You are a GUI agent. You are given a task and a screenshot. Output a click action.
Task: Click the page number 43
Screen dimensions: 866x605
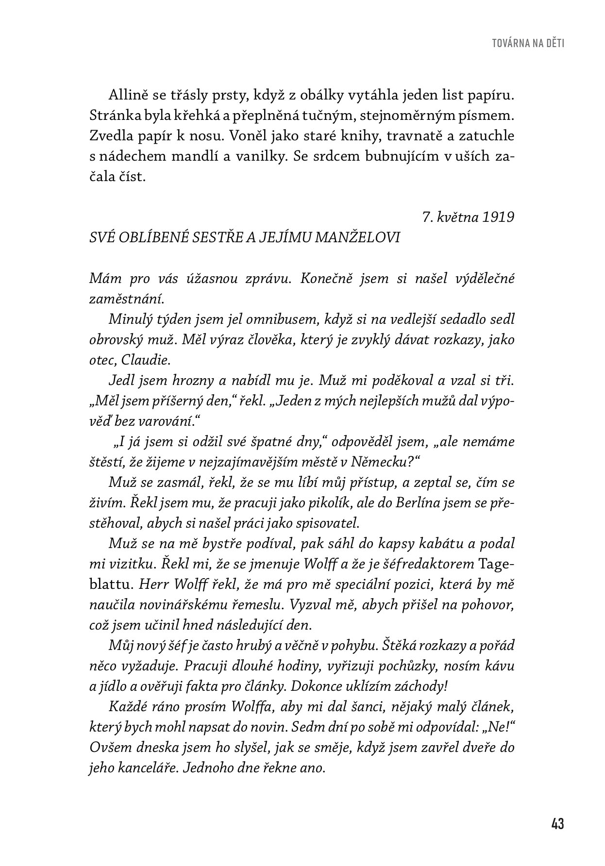tap(557, 824)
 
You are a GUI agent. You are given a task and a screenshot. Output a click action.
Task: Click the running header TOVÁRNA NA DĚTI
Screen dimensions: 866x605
tap(528, 43)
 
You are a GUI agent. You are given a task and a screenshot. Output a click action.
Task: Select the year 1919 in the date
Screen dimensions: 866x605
tap(499, 217)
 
